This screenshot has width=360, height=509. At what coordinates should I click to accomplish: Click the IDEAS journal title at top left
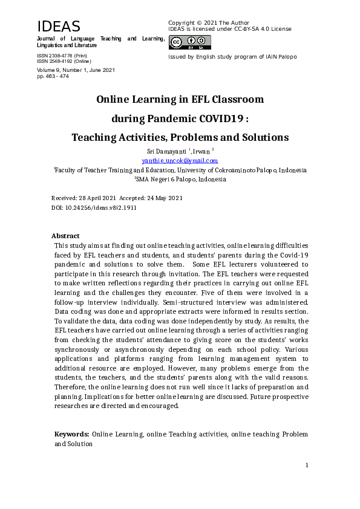pyautogui.click(x=59, y=27)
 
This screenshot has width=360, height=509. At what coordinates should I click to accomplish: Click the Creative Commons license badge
pyautogui.click(x=190, y=42)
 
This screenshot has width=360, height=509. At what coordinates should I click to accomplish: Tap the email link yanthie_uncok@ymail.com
pyautogui.click(x=180, y=161)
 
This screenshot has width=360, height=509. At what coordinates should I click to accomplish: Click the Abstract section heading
pyautogui.click(x=65, y=236)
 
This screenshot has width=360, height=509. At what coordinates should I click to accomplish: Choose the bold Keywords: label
pyautogui.click(x=72, y=434)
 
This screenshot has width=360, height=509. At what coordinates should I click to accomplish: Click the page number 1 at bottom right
pyautogui.click(x=307, y=465)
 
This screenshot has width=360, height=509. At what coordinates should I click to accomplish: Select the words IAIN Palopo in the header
pyautogui.click(x=281, y=57)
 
